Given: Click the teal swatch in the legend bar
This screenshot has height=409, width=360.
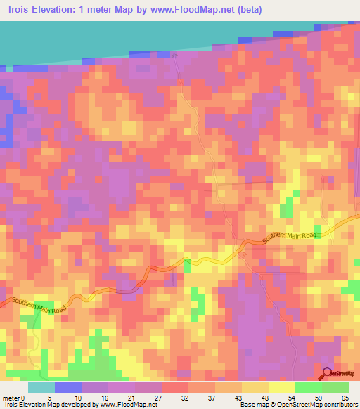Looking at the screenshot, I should (41, 387).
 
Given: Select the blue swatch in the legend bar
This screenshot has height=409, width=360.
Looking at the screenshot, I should (68, 387).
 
